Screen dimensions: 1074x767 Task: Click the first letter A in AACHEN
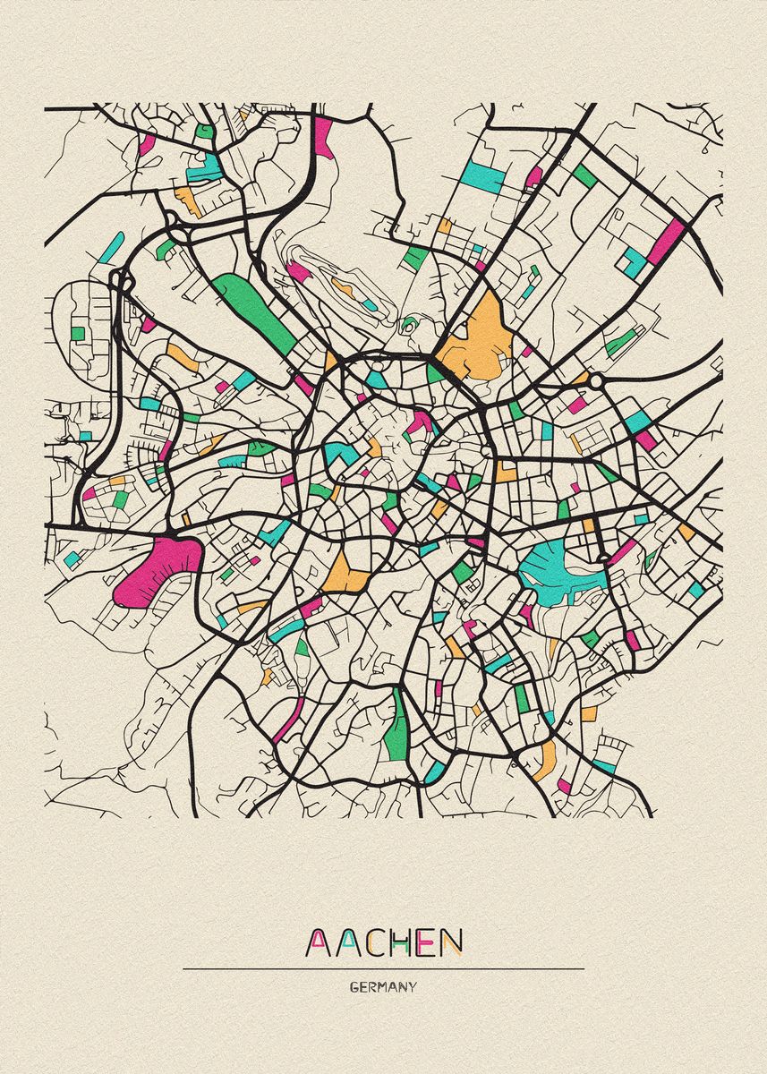[x=319, y=942]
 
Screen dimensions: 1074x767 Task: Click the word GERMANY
[x=383, y=987]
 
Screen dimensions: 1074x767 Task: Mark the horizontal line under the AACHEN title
[x=383, y=968]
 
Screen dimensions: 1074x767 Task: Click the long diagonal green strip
[x=254, y=312]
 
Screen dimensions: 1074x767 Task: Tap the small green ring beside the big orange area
[x=410, y=324]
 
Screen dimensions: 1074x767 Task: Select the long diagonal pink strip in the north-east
[x=666, y=242]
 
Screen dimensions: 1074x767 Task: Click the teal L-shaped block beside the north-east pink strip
[x=635, y=261]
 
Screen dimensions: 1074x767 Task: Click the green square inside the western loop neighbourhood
[x=78, y=333]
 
